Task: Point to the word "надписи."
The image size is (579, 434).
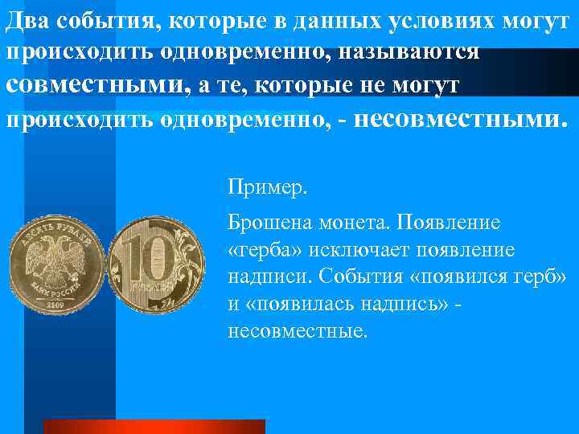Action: click(269, 276)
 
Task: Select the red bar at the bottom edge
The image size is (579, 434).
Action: click(154, 426)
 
